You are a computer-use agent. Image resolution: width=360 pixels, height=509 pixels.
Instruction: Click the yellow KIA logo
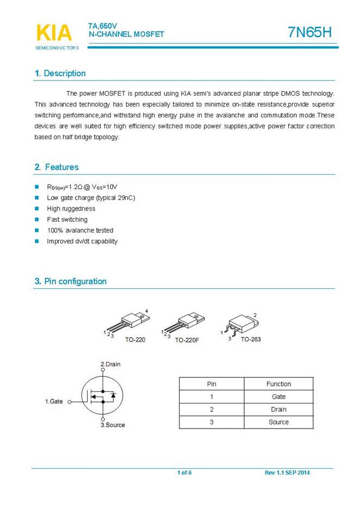[54, 33]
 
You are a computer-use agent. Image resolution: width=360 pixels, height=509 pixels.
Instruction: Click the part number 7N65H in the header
[309, 33]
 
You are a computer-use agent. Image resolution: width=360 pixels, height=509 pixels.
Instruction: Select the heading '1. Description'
[60, 73]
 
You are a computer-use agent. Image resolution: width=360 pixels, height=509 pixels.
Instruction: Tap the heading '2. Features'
[57, 167]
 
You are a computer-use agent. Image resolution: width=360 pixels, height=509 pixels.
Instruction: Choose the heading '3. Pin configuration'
[70, 281]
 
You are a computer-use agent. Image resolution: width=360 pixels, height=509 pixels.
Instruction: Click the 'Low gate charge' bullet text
[91, 197]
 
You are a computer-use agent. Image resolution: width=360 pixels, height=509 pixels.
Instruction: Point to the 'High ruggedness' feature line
[71, 208]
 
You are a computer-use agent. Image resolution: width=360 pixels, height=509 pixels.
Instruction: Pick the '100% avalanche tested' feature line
[80, 230]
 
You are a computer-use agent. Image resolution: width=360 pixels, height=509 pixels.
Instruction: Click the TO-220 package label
[135, 339]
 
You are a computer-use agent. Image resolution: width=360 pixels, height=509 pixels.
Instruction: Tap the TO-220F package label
[187, 339]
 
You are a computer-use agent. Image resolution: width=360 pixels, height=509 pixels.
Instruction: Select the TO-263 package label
[251, 339]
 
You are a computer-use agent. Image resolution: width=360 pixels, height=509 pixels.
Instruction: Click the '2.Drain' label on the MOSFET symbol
[110, 364]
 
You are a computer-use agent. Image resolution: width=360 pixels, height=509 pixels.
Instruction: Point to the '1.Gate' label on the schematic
[54, 401]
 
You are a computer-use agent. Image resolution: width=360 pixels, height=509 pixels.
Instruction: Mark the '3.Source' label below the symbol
[113, 425]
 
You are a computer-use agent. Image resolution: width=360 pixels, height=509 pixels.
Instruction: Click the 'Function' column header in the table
[278, 384]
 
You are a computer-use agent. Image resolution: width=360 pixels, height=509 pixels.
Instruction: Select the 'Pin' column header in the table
[212, 384]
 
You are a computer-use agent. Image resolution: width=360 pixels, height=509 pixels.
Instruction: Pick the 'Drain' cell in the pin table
[278, 409]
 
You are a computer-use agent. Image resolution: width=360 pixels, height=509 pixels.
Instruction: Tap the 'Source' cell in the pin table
[278, 422]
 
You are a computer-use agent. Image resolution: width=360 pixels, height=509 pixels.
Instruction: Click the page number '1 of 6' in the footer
[184, 473]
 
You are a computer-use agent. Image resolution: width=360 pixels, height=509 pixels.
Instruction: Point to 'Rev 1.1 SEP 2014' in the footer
[287, 473]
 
